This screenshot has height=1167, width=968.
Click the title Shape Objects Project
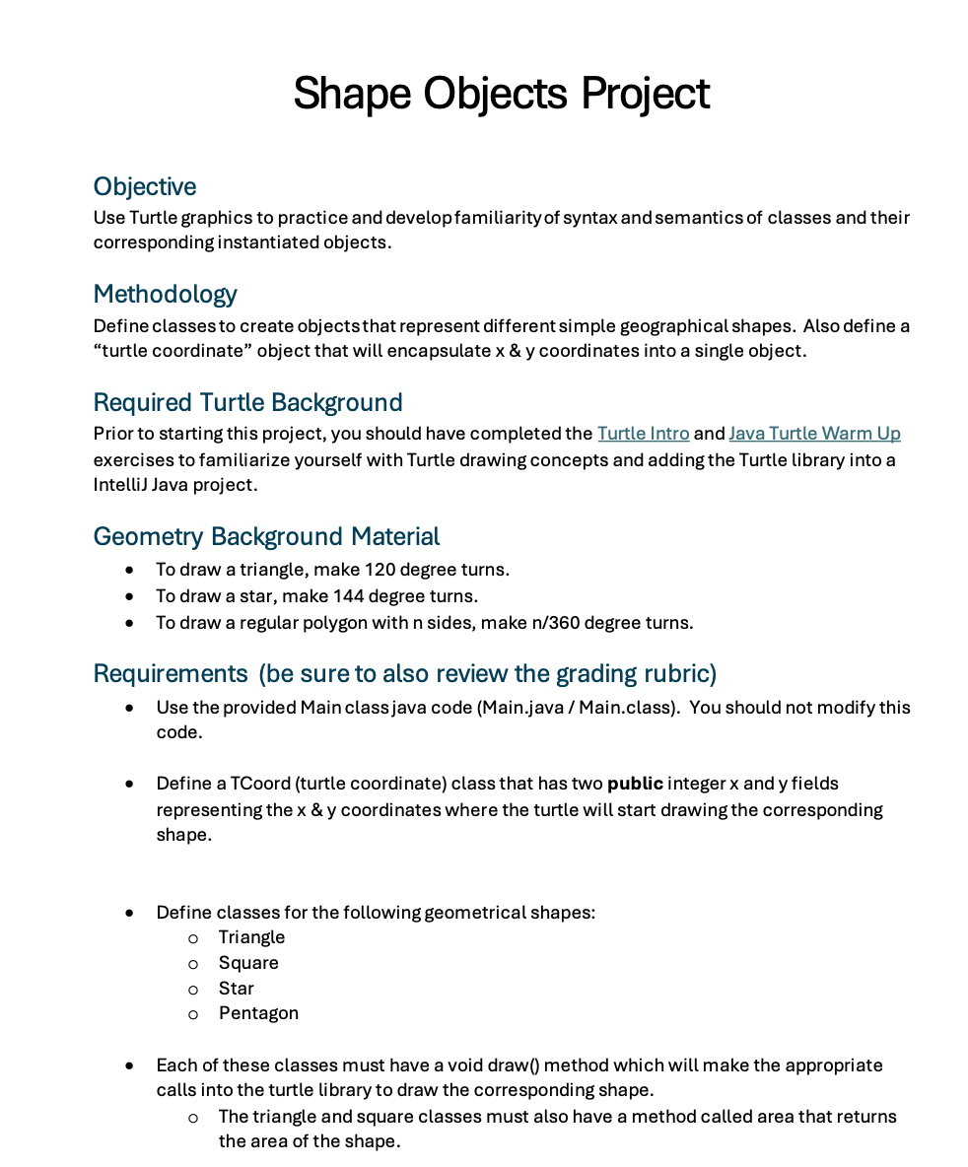click(501, 94)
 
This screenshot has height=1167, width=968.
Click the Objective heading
click(144, 186)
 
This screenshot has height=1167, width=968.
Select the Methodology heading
click(165, 294)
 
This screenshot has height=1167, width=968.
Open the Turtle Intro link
click(643, 434)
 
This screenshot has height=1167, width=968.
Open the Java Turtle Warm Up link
click(814, 434)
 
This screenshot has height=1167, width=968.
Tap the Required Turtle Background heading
click(247, 402)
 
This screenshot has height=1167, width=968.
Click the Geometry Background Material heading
click(266, 536)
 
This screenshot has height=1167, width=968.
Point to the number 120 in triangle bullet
click(380, 570)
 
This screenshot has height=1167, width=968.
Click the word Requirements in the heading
click(171, 673)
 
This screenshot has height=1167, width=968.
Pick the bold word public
click(635, 785)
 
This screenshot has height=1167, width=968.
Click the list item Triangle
click(251, 937)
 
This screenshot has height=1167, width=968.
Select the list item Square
click(248, 963)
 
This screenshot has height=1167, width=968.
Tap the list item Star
click(237, 989)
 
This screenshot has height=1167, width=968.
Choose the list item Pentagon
click(258, 1013)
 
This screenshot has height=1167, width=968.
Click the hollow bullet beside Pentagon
click(193, 1014)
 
